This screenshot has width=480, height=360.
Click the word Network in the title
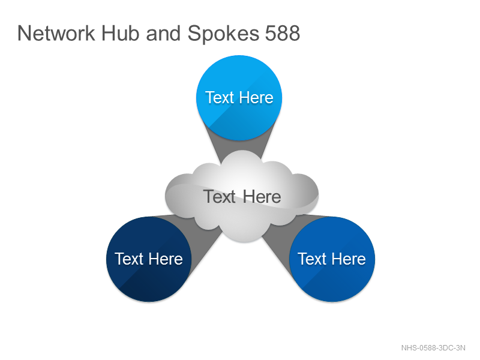coord(56,33)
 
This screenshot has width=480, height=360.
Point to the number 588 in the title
coord(282,33)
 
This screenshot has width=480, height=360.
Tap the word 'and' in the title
coord(163,33)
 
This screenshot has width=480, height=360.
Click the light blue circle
coord(239,98)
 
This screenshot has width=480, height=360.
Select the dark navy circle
coord(149,259)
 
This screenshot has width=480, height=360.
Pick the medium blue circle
coord(332,259)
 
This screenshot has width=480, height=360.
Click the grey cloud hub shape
coord(242,196)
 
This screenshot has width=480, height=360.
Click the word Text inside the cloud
coord(220,197)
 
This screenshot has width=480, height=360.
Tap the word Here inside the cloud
coord(262,197)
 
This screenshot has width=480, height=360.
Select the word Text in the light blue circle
coord(220,98)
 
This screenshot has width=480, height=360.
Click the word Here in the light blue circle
coord(256,98)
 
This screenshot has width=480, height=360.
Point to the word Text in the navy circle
coord(129,259)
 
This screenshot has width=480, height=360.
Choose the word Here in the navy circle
coord(166,259)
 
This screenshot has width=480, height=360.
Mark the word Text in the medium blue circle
coord(312,259)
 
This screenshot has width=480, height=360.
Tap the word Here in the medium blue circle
coord(349,259)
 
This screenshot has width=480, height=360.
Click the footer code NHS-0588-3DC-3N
coord(433,348)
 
